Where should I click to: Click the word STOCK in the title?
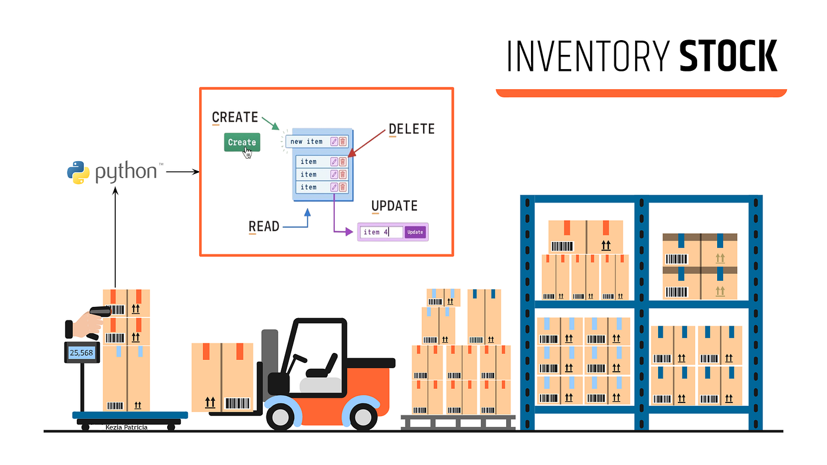coord(728,57)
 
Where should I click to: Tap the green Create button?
coord(242,142)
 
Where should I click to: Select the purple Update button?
coord(415,232)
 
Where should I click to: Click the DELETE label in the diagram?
coord(411,129)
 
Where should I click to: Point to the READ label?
coord(263,226)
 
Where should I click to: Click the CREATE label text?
coord(235,117)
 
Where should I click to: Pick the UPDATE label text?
coord(394,206)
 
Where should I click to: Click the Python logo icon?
coord(78,172)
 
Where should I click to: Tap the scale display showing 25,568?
coord(82,352)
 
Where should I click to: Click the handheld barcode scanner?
coord(100,311)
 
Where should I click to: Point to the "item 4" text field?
coord(381,232)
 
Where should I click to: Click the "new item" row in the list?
coord(307,142)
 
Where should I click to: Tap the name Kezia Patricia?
coord(126,427)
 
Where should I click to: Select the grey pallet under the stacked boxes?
coord(458,421)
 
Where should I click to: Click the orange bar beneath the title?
coord(641,93)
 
